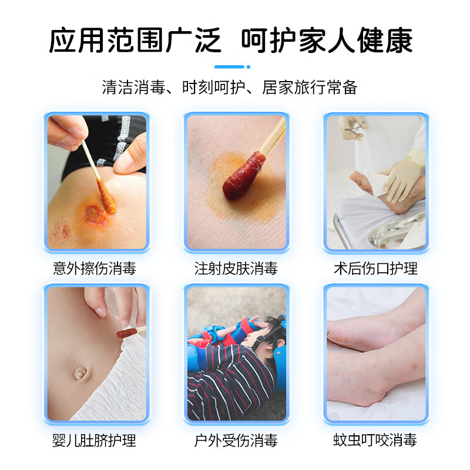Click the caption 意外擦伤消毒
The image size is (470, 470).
tap(95, 268)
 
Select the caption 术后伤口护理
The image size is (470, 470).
tap(375, 268)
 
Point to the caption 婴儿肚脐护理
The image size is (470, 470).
tap(95, 440)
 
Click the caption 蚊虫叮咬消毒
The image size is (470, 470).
tap(375, 440)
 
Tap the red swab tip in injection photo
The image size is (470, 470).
tap(237, 176)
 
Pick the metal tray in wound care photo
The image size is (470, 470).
tap(399, 232)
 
